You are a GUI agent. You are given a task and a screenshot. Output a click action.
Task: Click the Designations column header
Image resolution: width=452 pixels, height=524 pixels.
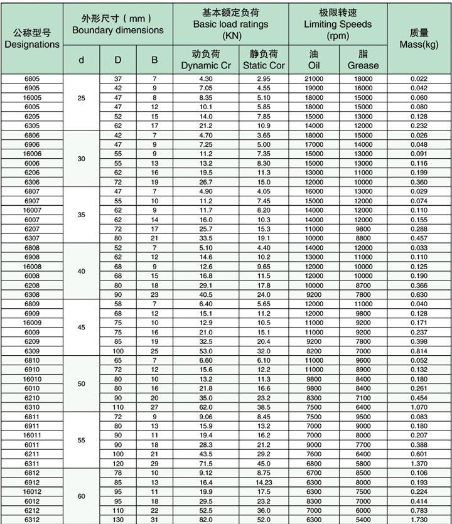(x=32, y=39)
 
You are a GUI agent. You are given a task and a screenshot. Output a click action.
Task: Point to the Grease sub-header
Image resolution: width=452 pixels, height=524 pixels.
(x=363, y=60)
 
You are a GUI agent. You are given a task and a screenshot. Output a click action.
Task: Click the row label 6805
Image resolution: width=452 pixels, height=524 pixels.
(x=32, y=79)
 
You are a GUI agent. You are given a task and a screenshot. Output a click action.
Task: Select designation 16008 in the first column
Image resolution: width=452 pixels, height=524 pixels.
(x=32, y=267)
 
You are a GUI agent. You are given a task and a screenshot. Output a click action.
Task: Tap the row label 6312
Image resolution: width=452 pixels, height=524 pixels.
(x=32, y=520)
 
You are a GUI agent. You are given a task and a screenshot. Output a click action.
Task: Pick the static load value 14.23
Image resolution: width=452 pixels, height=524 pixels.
(x=264, y=482)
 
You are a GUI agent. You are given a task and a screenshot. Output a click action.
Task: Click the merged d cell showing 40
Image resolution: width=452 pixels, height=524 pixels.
(x=81, y=271)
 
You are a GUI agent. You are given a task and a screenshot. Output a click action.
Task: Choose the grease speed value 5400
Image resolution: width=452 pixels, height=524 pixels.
(x=363, y=520)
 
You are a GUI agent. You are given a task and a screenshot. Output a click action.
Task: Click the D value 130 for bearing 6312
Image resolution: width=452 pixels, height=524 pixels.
(x=118, y=520)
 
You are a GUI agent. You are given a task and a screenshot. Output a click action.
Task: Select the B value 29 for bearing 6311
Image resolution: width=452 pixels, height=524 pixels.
(x=154, y=463)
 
